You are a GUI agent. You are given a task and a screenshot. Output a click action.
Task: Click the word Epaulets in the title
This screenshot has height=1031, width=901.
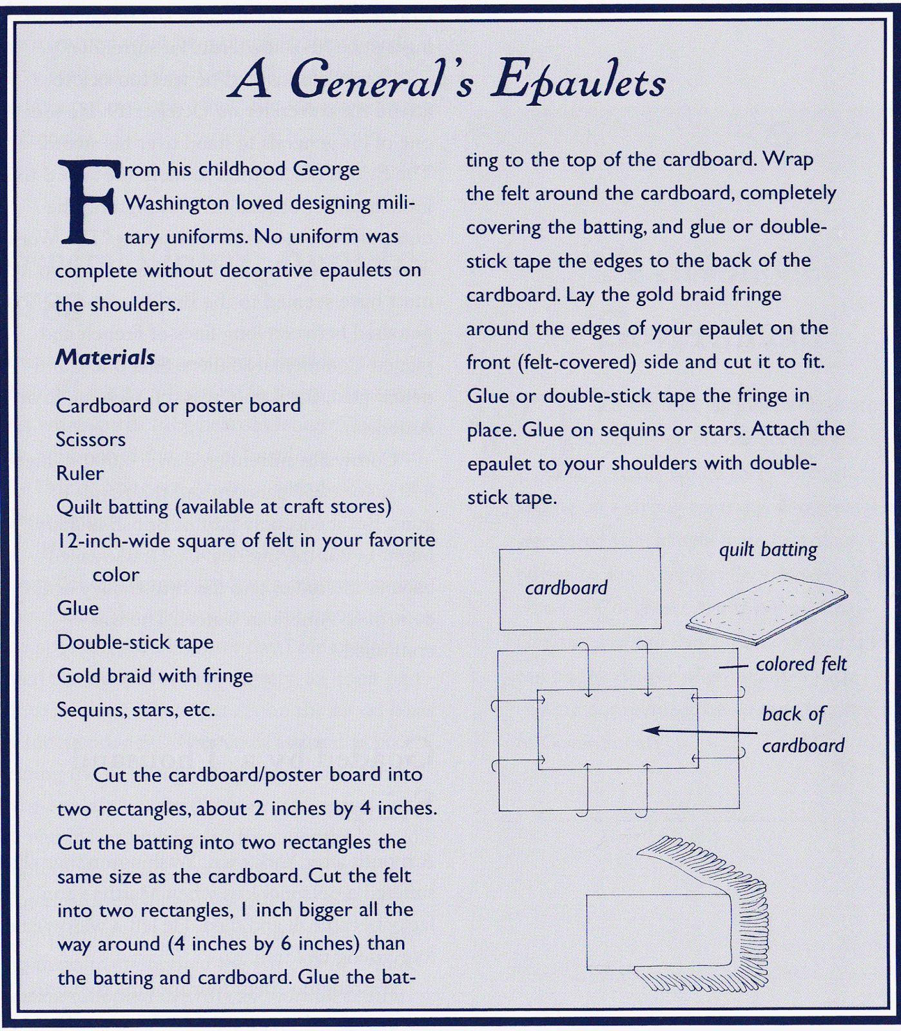pyautogui.click(x=578, y=82)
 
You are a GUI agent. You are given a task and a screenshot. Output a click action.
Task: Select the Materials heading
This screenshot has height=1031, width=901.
pyautogui.click(x=105, y=357)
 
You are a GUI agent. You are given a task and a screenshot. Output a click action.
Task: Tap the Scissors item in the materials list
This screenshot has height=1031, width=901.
pyautogui.click(x=91, y=439)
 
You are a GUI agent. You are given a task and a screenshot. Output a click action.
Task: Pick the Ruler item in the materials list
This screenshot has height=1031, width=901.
pyautogui.click(x=80, y=473)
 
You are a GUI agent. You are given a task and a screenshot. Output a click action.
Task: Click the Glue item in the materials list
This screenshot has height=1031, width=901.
pyautogui.click(x=78, y=608)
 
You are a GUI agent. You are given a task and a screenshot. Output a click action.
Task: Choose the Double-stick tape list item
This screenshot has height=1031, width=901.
pyautogui.click(x=135, y=642)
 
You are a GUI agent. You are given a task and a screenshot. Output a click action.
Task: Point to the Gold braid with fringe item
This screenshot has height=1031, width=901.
pyautogui.click(x=155, y=676)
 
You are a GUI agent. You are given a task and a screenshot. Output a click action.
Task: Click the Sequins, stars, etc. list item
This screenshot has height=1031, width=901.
pyautogui.click(x=135, y=709)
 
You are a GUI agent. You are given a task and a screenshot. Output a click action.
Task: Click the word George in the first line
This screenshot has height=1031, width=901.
pyautogui.click(x=326, y=169)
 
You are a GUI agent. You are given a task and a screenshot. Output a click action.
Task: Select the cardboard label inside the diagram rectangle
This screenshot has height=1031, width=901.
pyautogui.click(x=566, y=588)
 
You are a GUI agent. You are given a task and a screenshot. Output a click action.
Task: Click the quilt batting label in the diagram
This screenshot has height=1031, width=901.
pyautogui.click(x=768, y=550)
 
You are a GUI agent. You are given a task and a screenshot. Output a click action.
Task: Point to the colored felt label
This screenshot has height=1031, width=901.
pyautogui.click(x=801, y=664)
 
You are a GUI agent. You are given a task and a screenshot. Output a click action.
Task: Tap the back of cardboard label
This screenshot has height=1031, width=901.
pyautogui.click(x=802, y=729)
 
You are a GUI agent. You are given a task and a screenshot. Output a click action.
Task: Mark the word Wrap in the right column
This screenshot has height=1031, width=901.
pyautogui.click(x=788, y=159)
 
